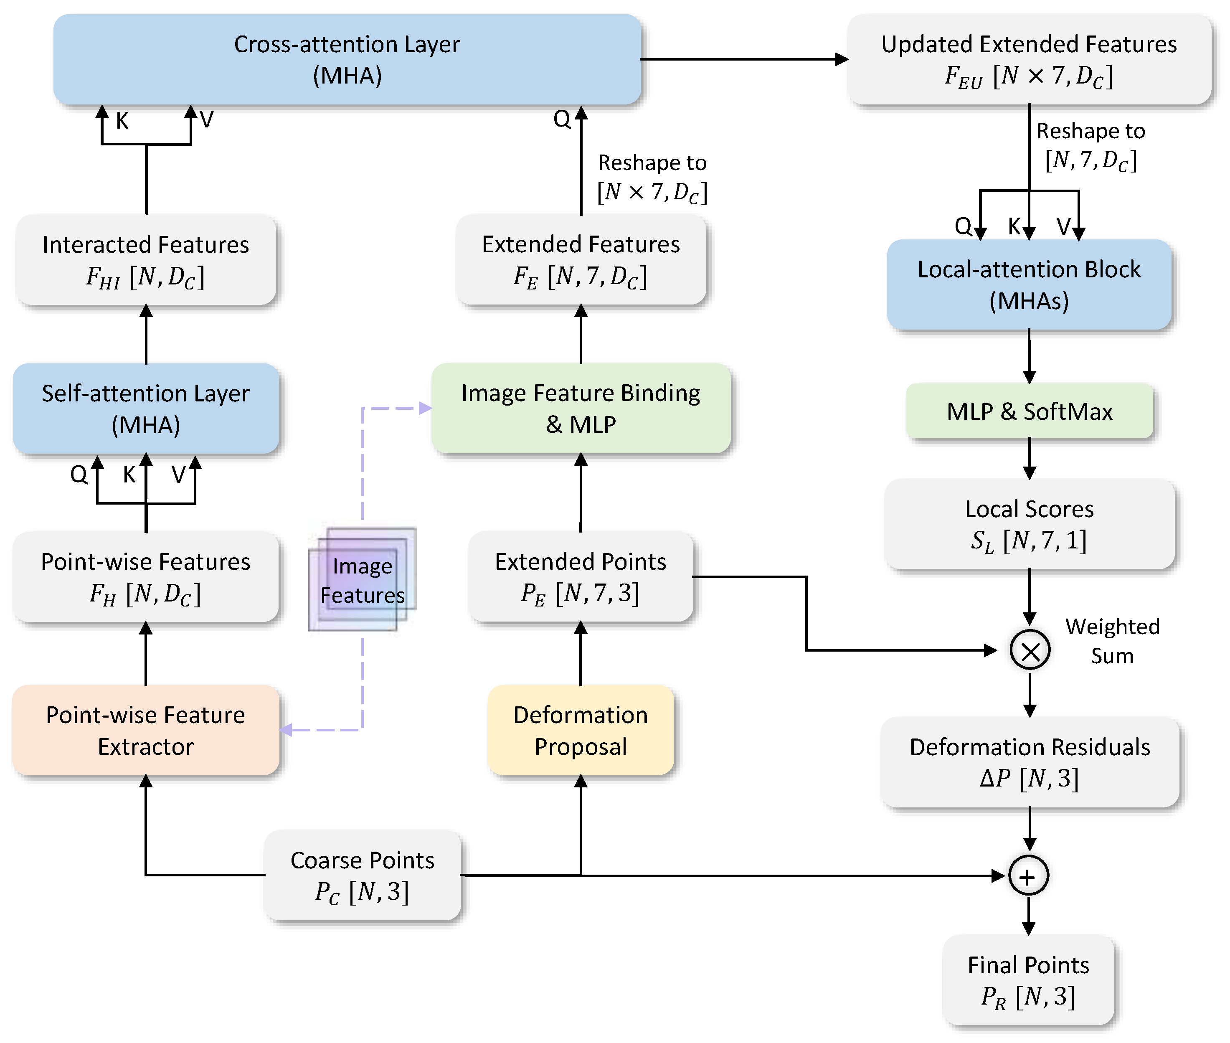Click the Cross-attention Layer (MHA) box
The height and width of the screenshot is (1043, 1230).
[347, 59]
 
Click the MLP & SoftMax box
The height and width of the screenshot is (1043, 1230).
[1029, 411]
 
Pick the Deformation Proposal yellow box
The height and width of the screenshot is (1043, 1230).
[581, 730]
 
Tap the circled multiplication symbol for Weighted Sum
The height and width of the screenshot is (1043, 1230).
[1030, 650]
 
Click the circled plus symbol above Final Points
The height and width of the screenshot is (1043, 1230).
[1028, 876]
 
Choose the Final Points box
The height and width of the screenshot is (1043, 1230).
[1028, 980]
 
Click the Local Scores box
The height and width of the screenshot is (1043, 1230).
[1029, 524]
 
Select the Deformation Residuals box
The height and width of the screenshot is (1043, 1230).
[1030, 762]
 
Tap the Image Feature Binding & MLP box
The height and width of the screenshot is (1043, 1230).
[581, 409]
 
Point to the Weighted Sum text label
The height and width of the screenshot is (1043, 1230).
[1112, 641]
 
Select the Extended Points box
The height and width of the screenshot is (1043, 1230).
[581, 576]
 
